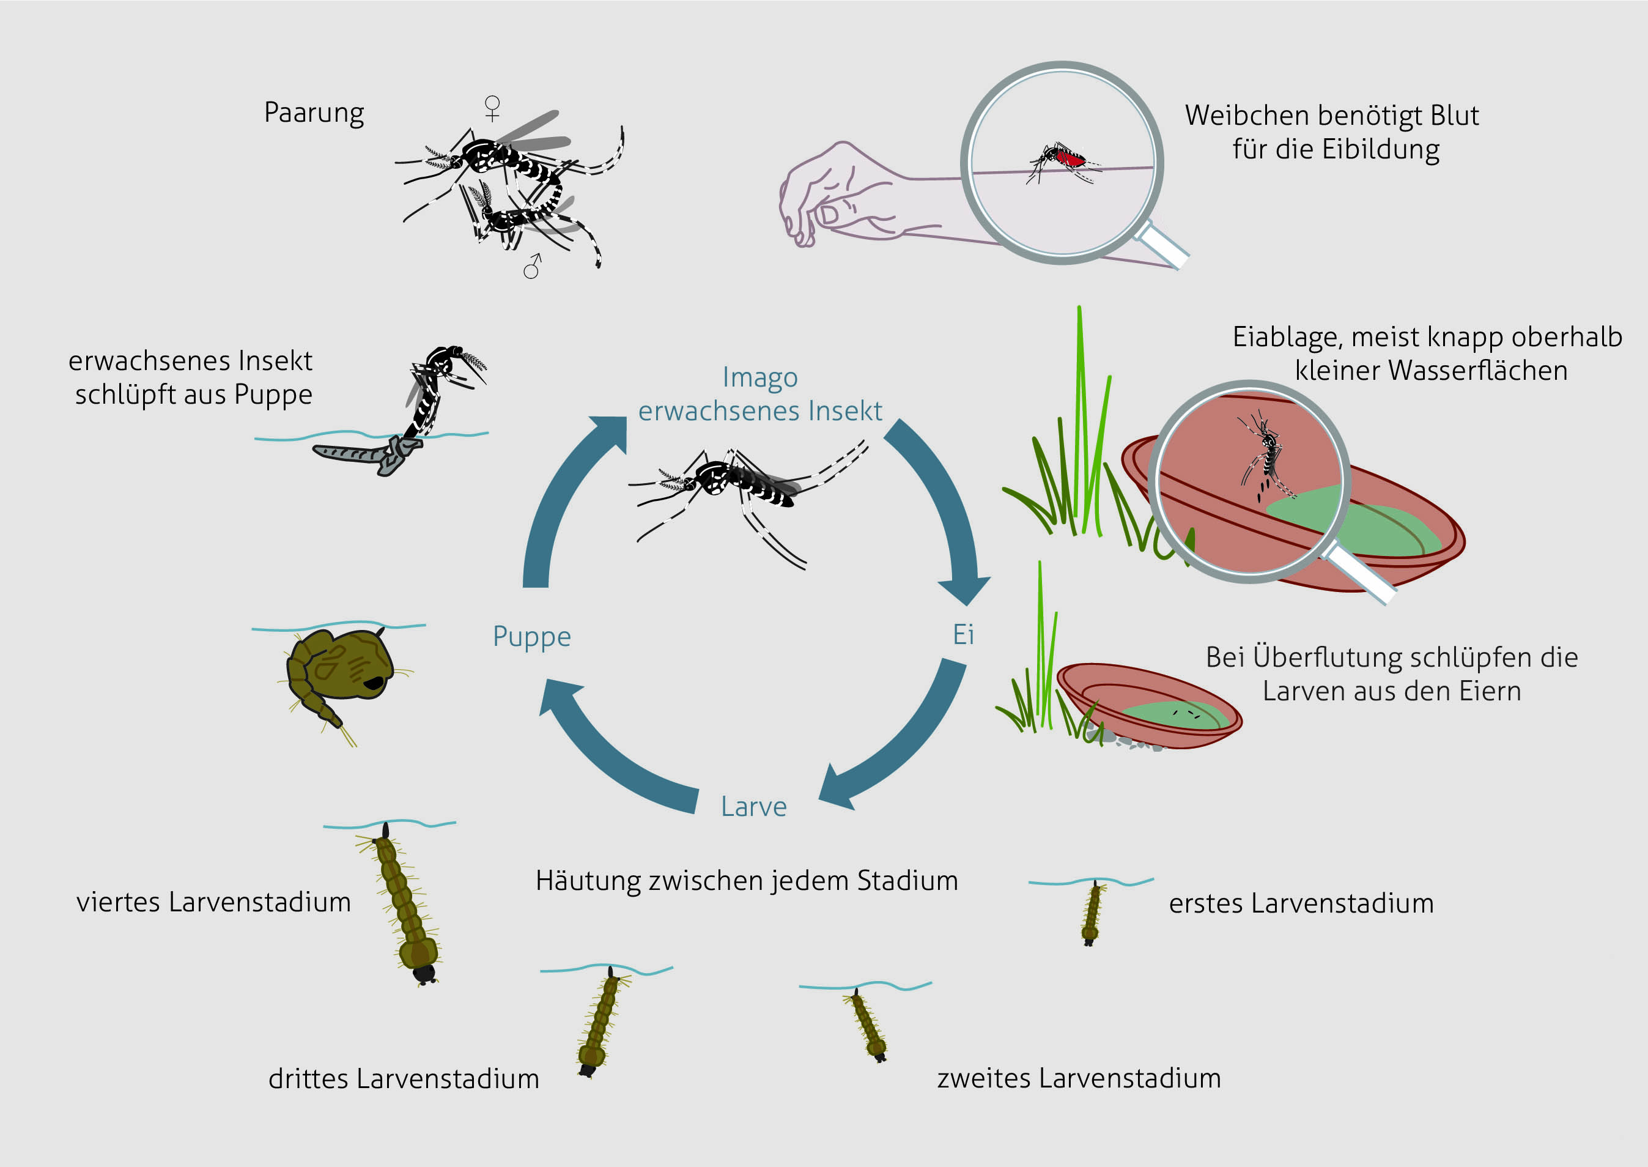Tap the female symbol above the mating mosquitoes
(492, 108)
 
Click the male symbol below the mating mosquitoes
(533, 266)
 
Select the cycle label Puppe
(531, 637)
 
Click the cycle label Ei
(963, 634)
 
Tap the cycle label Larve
(753, 806)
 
